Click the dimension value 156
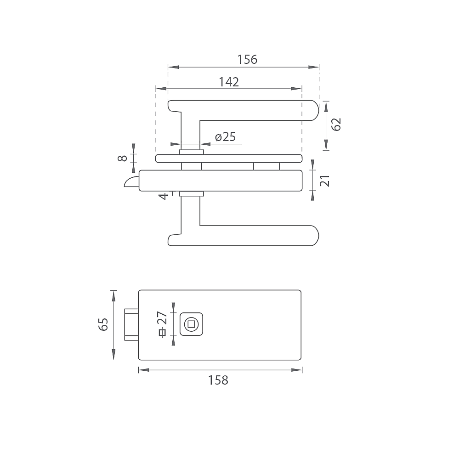pos(247,59)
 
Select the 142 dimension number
pos(229,82)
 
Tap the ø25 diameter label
pos(226,137)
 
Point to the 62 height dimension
pos(336,125)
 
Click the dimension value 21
pos(325,181)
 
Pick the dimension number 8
pos(122,159)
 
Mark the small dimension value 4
pos(164,196)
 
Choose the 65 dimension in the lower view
pos(103,324)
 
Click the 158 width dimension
pos(218,380)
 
